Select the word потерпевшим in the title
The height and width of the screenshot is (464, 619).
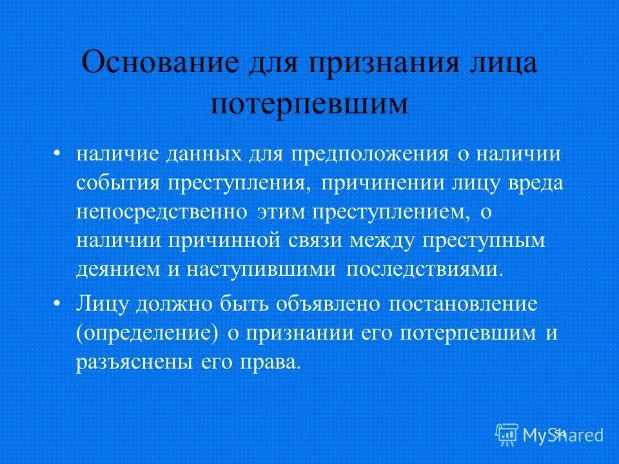click(309, 103)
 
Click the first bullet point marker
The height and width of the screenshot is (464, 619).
click(58, 154)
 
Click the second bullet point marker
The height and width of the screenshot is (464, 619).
click(58, 302)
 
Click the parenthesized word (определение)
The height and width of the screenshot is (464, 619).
click(146, 333)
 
